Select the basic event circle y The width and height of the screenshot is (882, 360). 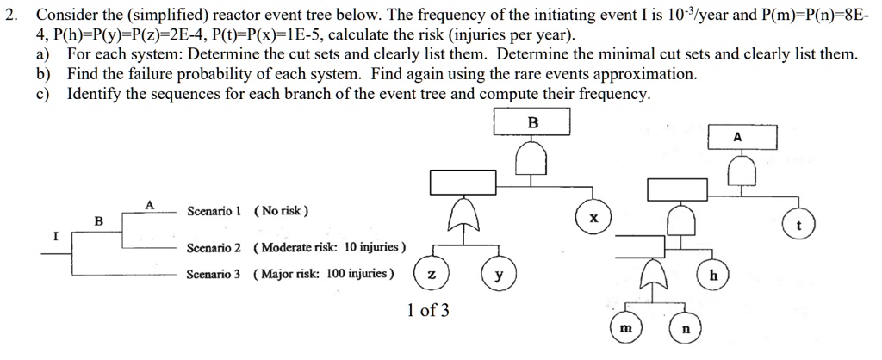498,276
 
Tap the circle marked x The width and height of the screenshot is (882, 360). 593,220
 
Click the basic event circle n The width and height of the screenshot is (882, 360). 686,329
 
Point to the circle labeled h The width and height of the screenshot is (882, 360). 713,276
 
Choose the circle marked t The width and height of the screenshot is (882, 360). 800,226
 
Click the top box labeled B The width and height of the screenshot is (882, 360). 531,123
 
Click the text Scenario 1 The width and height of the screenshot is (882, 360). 214,211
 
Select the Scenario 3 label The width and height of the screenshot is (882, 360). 214,274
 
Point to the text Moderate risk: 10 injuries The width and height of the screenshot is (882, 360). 330,247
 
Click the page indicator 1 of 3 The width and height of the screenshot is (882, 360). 428,310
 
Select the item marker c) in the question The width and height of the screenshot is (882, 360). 41,92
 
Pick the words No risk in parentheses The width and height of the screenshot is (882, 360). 282,211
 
